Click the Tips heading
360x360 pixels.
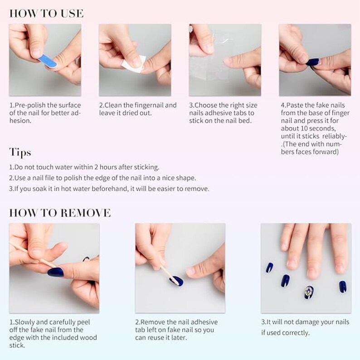20,151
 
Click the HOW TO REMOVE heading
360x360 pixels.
59,213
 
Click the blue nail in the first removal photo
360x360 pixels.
56,272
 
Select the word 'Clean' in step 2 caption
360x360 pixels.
114,105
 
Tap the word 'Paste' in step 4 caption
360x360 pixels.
296,105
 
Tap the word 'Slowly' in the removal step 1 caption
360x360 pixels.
25,322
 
